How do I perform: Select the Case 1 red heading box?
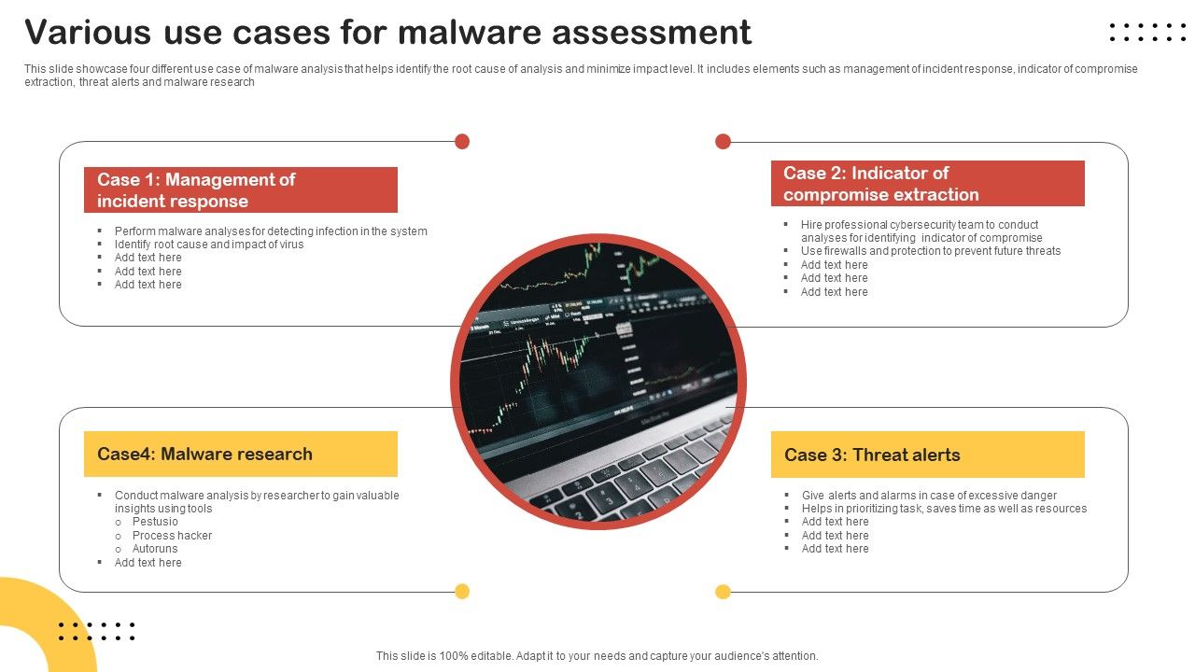[x=241, y=190]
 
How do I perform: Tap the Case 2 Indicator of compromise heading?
[x=927, y=184]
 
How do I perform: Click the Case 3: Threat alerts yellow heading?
[x=927, y=455]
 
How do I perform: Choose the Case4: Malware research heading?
[x=241, y=455]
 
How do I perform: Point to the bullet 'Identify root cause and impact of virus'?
[x=209, y=245]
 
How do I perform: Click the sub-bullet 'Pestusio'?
[x=155, y=522]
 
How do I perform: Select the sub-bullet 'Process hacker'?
[x=172, y=536]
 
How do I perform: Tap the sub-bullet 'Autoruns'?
[x=155, y=549]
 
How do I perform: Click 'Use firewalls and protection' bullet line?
[x=930, y=251]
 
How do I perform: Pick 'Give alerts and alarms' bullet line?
[x=929, y=496]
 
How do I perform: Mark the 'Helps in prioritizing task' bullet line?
[x=944, y=509]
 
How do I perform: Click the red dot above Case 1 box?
[x=461, y=141]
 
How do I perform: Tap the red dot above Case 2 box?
[x=723, y=141]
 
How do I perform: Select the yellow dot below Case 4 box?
[x=461, y=591]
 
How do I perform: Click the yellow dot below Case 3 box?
[x=723, y=591]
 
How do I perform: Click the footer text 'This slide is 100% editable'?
[x=597, y=656]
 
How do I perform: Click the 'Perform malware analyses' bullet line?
[x=271, y=231]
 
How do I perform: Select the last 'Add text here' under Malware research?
[x=148, y=563]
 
